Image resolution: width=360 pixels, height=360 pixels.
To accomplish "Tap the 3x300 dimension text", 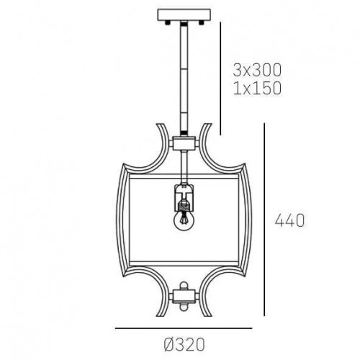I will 256,70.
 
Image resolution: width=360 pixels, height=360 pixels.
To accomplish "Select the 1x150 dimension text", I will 256,89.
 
